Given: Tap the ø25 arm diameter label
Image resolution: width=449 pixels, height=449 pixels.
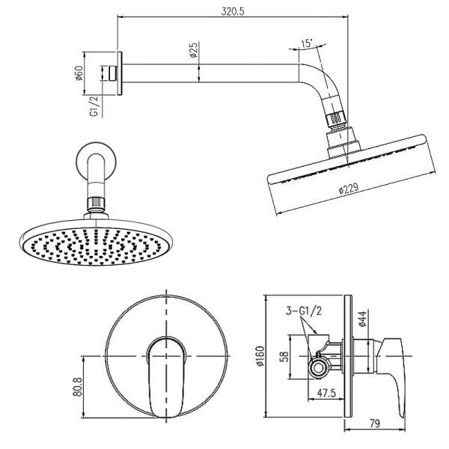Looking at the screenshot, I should click(x=193, y=52).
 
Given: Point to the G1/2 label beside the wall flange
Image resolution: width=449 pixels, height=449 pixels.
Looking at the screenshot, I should click(x=94, y=106).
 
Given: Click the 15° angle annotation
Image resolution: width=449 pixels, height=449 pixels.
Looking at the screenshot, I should click(x=305, y=45).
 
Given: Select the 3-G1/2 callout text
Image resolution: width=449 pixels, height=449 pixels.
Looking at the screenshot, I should click(x=302, y=311).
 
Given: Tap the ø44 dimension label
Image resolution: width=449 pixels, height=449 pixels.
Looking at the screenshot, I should click(x=361, y=320).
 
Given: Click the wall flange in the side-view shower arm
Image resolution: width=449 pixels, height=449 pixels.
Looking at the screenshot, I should click(x=121, y=74).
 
